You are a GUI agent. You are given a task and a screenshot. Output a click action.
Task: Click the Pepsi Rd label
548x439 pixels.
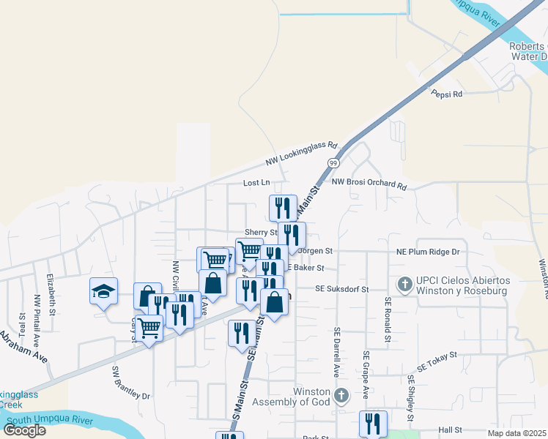[447, 94]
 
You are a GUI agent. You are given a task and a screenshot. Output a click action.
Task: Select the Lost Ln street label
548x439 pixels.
[256, 183]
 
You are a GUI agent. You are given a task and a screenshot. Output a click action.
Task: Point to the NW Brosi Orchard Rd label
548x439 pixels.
[369, 184]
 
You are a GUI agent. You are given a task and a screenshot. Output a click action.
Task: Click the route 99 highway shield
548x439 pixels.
[333, 162]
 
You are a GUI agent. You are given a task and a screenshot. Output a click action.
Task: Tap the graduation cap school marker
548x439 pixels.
[103, 290]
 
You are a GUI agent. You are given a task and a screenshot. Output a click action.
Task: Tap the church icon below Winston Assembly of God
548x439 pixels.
[340, 396]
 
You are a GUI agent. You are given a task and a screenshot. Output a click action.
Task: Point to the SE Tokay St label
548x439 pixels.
[437, 361]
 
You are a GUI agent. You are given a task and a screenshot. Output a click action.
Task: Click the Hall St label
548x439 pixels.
[449, 431]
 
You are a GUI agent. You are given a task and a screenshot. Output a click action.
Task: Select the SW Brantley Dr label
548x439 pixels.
[130, 383]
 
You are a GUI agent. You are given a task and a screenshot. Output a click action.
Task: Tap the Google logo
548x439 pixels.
[24, 429]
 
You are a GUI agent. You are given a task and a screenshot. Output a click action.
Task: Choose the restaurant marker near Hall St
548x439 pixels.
[372, 424]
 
